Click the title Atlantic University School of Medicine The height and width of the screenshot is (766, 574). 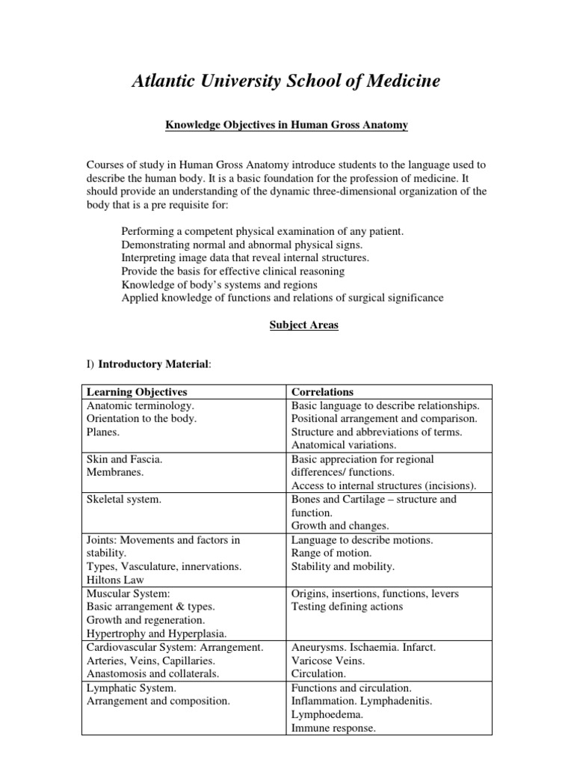(286, 81)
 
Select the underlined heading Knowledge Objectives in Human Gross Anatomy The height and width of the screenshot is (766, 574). (286, 126)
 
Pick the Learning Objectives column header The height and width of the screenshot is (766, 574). (138, 392)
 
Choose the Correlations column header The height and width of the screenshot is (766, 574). (322, 392)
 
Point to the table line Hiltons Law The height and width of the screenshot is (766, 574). (116, 580)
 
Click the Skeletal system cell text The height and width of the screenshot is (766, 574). (124, 499)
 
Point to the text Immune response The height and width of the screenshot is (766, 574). (333, 728)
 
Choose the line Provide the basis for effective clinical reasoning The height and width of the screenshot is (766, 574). (232, 271)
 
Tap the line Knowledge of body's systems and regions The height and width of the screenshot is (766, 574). (219, 284)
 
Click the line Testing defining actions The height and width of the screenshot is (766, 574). (347, 607)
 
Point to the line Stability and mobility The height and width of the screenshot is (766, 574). (343, 566)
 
